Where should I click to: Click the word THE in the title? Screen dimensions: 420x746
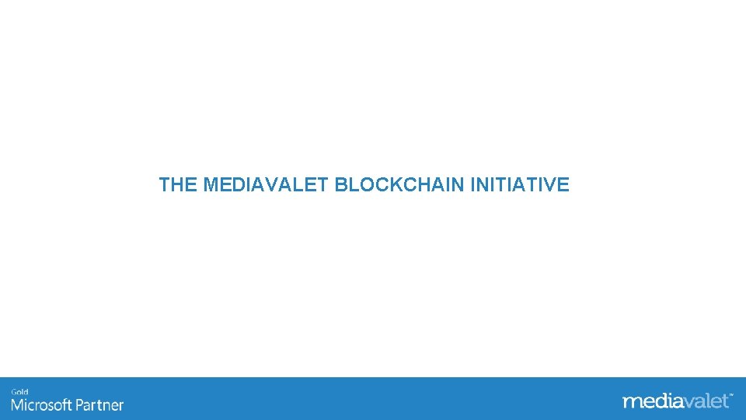pos(178,185)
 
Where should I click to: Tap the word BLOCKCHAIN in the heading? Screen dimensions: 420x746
pos(400,185)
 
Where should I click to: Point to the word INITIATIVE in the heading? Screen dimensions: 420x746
pos(520,185)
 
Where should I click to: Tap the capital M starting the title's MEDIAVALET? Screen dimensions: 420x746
pos(211,185)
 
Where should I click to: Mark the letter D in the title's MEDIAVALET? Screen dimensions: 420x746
pos(238,185)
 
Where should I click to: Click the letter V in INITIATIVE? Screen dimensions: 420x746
pos(550,185)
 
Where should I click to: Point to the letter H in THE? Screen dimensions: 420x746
pos(178,185)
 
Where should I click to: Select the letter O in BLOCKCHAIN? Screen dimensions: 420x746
pos(365,185)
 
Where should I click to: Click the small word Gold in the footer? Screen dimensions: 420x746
pos(19,392)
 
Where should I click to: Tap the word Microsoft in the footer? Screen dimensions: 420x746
pos(41,405)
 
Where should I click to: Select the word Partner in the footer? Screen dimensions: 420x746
pos(99,405)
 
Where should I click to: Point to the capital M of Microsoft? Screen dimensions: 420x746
pos(17,405)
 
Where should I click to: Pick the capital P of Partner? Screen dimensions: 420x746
pos(80,405)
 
